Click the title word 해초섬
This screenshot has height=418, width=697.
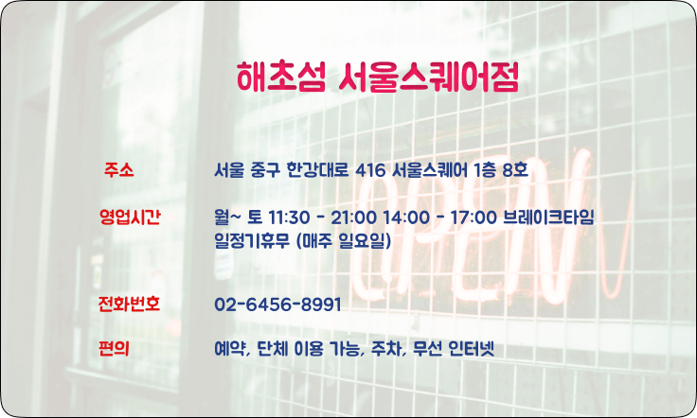coord(281,77)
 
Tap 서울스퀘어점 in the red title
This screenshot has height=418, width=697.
coord(428,77)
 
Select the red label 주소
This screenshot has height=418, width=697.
coord(118,169)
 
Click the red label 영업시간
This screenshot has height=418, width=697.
coord(130,217)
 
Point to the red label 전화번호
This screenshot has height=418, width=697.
coord(129,304)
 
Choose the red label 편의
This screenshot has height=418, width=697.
coord(115,348)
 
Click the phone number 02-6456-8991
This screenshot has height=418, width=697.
coord(277,305)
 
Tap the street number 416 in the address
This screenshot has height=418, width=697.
coord(370,169)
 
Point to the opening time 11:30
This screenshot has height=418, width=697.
coord(289,218)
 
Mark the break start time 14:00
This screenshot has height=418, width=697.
coord(406,218)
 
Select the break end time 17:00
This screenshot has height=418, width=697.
coord(474,218)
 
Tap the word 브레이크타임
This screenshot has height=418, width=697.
coord(548,217)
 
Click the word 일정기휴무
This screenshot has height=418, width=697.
coord(252,241)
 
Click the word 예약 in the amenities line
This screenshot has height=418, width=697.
coord(229,349)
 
